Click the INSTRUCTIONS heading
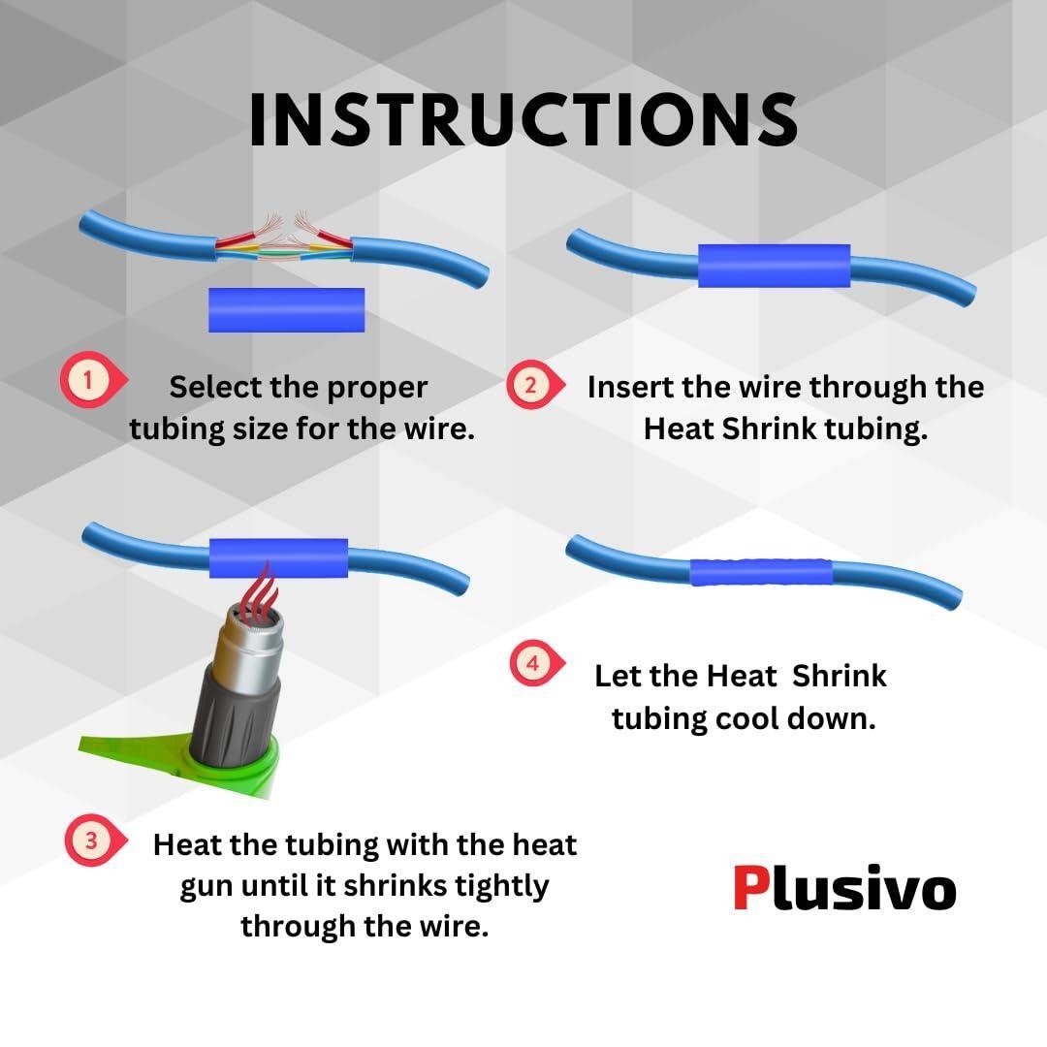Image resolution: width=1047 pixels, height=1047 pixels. point(523,119)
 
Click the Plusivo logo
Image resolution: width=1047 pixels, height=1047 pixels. point(844,888)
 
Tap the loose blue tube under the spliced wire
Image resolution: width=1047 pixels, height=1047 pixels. point(286,310)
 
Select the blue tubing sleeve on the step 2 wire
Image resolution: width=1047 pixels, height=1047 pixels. point(774,266)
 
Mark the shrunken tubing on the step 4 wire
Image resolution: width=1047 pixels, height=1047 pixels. point(761,572)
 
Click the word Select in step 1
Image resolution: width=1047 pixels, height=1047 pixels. point(214,387)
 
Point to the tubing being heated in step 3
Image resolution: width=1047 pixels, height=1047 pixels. point(278,558)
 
